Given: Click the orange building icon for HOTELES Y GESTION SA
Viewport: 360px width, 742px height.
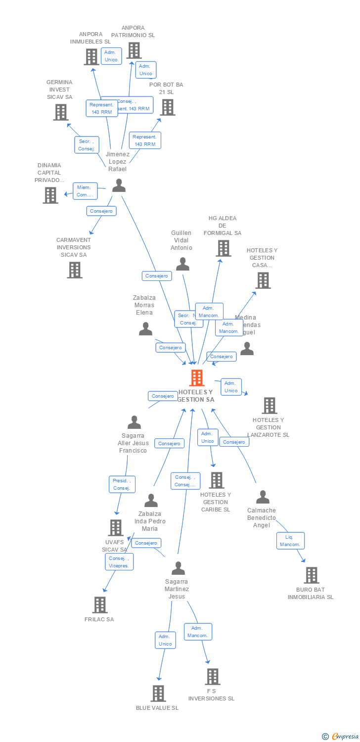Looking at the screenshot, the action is click(197, 378).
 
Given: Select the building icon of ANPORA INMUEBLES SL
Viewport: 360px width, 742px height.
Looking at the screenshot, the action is click(91, 57).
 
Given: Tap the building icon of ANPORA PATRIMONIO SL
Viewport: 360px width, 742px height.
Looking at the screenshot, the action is click(134, 50).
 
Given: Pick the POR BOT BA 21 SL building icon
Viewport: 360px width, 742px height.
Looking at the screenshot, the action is click(167, 107).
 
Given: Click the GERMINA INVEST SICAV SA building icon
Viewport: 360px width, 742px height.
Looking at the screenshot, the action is click(61, 112).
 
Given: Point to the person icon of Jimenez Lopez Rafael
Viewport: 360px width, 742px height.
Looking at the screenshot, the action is click(119, 185).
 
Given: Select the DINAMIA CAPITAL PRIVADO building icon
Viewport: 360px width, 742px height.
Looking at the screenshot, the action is click(50, 195).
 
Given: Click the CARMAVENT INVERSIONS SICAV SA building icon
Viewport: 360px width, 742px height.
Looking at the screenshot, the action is click(75, 270).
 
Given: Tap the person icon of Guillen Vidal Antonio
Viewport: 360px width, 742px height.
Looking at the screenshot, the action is click(183, 264).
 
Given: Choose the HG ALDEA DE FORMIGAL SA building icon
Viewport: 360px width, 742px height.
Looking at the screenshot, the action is click(224, 248).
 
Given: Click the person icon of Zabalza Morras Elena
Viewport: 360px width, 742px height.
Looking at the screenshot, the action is click(145, 329).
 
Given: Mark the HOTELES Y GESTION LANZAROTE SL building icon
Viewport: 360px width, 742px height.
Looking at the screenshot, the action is click(269, 406).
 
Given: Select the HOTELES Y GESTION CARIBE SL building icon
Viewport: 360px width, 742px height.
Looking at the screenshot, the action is click(216, 480).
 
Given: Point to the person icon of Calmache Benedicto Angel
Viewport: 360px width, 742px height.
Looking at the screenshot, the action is click(263, 497).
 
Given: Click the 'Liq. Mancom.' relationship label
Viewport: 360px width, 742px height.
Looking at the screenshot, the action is click(290, 541).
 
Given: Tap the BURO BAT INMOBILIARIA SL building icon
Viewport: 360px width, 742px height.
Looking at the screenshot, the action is click(311, 575).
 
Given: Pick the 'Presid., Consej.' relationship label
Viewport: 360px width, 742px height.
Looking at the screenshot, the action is click(122, 484).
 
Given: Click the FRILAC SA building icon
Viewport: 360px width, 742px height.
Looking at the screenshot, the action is click(100, 605).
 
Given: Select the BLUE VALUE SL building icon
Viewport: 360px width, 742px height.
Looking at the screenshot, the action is click(158, 694).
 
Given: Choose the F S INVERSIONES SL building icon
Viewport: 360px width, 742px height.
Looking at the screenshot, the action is click(212, 677).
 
